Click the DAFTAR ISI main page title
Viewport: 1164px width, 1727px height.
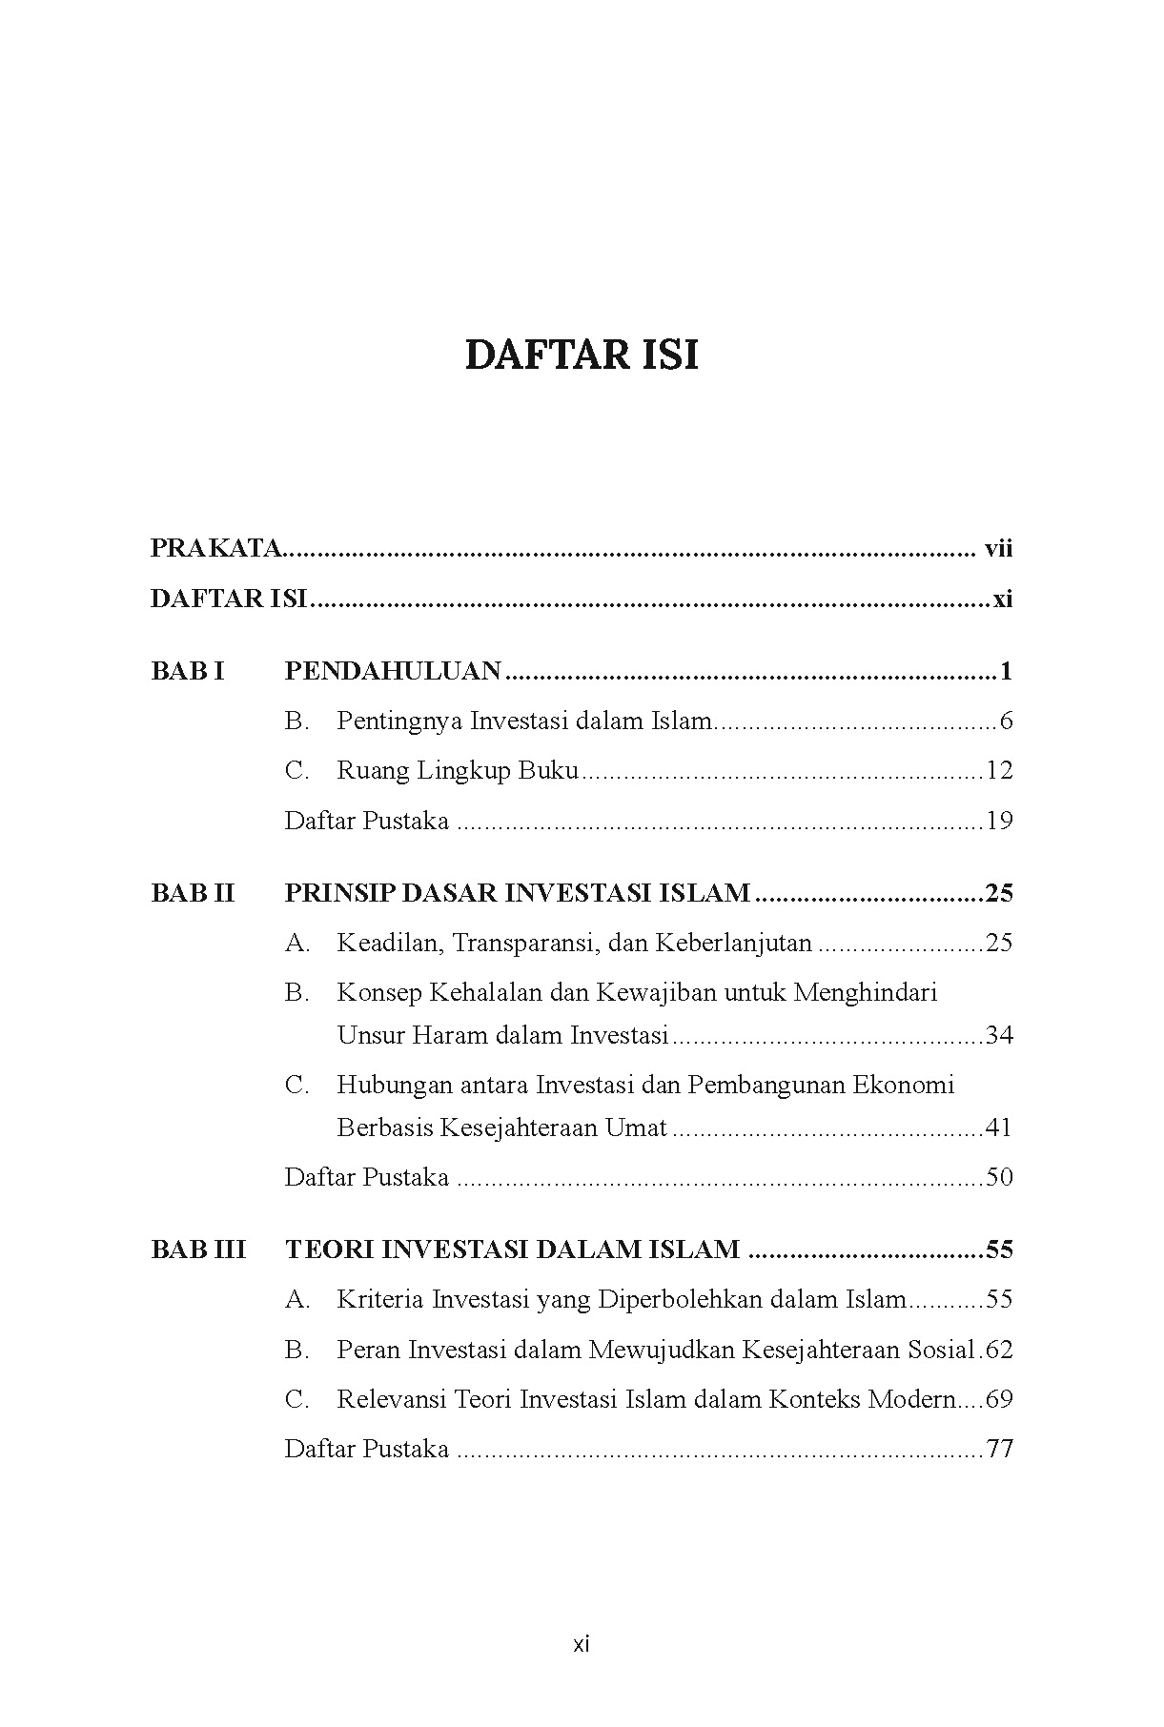(582, 356)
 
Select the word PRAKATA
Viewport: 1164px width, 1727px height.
(216, 548)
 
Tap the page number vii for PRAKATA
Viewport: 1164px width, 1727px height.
(998, 548)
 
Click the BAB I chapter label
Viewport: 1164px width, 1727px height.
(188, 671)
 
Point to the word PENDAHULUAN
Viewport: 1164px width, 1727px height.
(393, 671)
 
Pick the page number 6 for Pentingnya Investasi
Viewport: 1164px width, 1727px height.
(1006, 721)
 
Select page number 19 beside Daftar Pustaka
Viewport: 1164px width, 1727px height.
(999, 821)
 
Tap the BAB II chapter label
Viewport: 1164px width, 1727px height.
(193, 893)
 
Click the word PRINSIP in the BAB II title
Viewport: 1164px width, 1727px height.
(338, 893)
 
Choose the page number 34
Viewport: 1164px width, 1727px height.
(999, 1034)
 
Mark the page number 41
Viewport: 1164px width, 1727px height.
(999, 1128)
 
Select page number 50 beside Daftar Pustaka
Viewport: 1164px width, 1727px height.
(999, 1177)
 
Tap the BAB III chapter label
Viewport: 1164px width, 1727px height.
(198, 1250)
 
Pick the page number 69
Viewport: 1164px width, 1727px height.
(999, 1399)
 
